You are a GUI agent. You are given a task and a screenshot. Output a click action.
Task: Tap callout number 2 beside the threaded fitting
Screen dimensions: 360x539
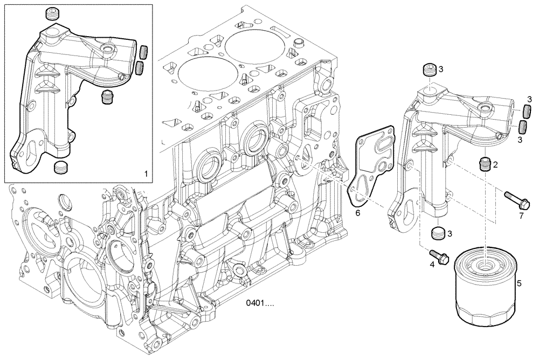(x=495, y=164)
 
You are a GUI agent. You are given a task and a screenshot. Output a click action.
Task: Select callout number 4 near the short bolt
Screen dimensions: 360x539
(x=432, y=265)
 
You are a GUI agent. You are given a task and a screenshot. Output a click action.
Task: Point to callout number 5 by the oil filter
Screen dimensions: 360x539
(x=519, y=283)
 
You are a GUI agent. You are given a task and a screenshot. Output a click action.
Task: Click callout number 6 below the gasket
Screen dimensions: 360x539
(x=357, y=213)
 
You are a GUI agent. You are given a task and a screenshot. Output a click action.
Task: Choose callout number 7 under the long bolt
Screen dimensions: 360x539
(x=521, y=216)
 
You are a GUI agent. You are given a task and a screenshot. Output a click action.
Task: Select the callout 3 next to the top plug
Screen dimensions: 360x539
(x=440, y=69)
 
